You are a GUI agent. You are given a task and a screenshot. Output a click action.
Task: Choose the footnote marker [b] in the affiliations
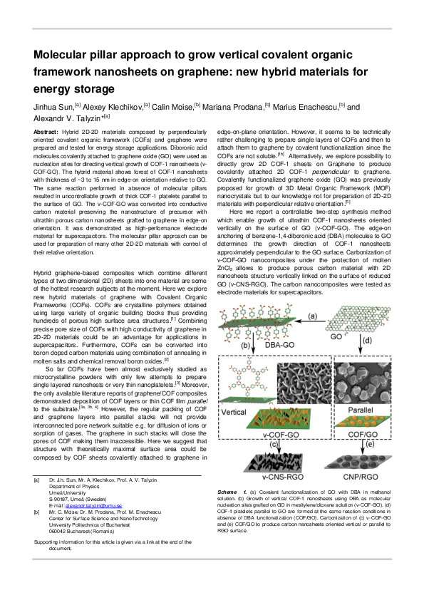point(37,512)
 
